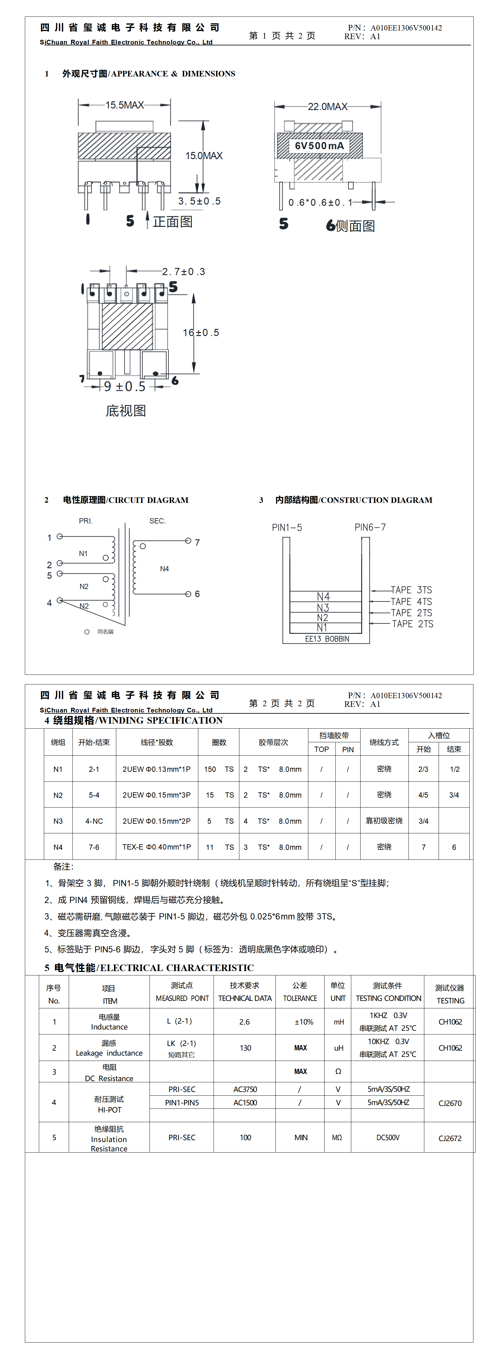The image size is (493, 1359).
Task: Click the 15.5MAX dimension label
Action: [x=125, y=105]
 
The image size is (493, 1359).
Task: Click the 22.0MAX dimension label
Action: [x=327, y=107]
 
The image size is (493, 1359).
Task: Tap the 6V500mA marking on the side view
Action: [x=319, y=145]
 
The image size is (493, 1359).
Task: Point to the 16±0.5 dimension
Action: [x=200, y=332]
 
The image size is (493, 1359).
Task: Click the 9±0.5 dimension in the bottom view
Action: [x=125, y=387]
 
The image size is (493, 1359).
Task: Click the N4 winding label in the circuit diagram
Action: [x=164, y=569]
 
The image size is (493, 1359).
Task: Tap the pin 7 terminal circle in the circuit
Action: [x=188, y=541]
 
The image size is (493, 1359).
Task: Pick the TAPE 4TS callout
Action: [x=411, y=601]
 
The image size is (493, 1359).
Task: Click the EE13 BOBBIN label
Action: [x=327, y=639]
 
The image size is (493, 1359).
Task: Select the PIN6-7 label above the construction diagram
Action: [x=370, y=527]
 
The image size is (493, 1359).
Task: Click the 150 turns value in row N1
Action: [x=210, y=769]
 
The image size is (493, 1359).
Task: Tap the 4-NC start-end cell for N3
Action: [x=94, y=821]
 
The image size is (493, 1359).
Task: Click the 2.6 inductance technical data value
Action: [x=244, y=1021]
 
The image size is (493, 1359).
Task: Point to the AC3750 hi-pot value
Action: [x=245, y=1089]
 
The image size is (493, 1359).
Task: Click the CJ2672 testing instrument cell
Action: [x=450, y=1138]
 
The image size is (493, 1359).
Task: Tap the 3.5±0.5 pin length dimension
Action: [x=199, y=201]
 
